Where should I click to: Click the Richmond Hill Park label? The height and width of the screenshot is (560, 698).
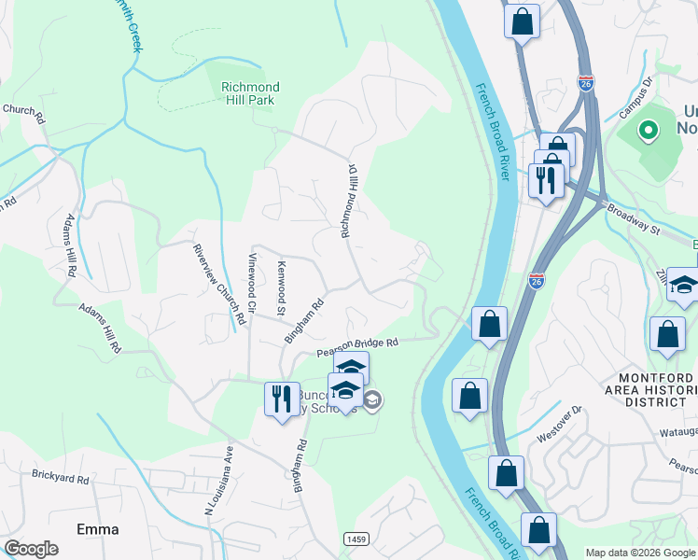pos(250,93)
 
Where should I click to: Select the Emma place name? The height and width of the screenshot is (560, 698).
pos(98,529)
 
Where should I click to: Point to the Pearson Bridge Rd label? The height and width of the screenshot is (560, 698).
pos(357,347)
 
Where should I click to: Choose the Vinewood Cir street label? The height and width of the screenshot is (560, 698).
pos(251,282)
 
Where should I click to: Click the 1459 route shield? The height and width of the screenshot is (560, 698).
pos(355,539)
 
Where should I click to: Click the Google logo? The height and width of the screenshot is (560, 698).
pos(31,549)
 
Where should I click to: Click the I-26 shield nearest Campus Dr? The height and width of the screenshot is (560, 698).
pos(585,82)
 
